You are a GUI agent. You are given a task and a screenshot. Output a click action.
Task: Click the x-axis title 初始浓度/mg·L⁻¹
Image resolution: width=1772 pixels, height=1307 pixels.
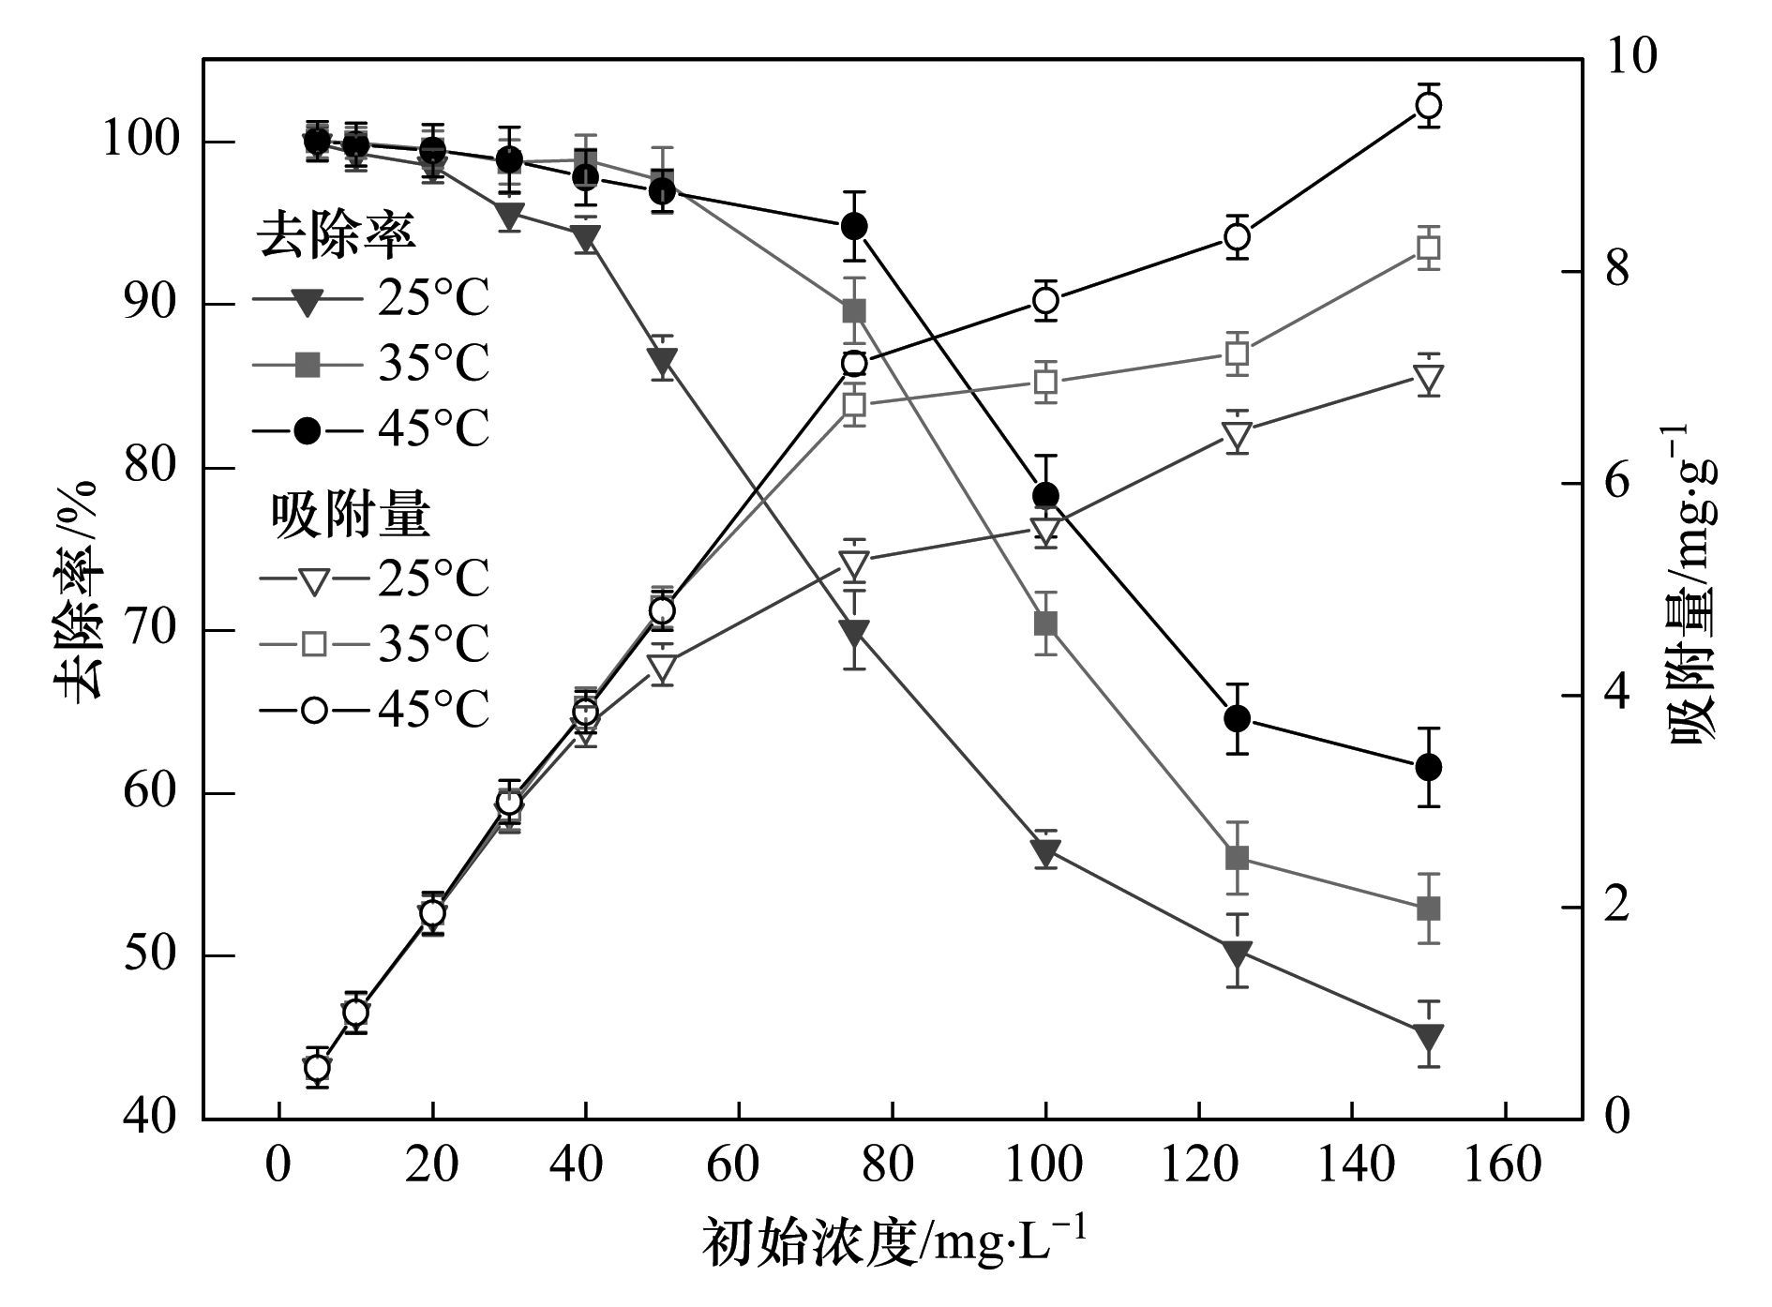pos(895,1242)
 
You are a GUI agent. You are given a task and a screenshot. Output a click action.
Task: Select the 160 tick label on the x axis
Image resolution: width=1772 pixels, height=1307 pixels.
pos(1505,1165)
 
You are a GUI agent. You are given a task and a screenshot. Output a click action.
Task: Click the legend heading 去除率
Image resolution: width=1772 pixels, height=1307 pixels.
pos(337,235)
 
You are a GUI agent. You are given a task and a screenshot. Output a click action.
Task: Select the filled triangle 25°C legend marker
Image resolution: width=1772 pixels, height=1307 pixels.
pos(308,302)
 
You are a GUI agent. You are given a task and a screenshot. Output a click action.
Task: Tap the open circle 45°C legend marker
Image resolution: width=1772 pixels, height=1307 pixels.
pos(313,710)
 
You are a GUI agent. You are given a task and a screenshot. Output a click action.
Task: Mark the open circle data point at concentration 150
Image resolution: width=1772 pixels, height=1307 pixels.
pos(1428,105)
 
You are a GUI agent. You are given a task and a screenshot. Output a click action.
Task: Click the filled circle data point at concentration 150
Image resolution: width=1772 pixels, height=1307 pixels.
pos(1428,767)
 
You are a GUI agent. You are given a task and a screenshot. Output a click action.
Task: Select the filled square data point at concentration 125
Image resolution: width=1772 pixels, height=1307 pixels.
pos(1237,858)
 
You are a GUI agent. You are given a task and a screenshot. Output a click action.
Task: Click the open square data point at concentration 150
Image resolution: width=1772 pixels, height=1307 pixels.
pos(1428,248)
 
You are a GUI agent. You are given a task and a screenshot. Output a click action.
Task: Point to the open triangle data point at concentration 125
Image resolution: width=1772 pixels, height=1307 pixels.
pos(1237,435)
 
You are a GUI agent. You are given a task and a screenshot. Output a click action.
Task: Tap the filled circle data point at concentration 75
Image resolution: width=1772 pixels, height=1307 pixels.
pos(853,226)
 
